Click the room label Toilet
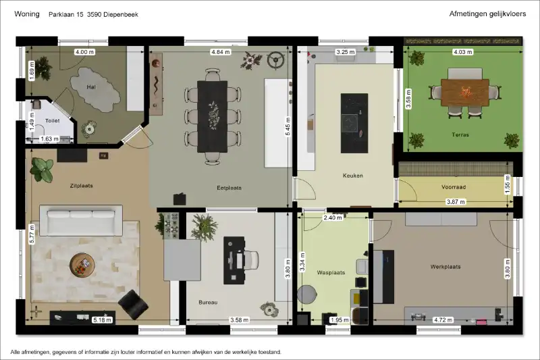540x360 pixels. pos(53,121)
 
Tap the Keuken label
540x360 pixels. pos(352,176)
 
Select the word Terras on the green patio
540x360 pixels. pos(460,134)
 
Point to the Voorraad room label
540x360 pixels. pos(454,187)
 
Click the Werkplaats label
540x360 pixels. pos(446,267)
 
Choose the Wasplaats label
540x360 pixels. pos(331,272)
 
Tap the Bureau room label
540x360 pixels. pos(208,303)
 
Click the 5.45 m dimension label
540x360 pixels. pos(288,127)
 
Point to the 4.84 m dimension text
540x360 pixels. pos(221,52)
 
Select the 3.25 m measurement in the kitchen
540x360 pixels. pos(346,52)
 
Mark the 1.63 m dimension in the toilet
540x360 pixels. pos(50,139)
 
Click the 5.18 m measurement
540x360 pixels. pos(103,320)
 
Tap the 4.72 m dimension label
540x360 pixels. pos(443,320)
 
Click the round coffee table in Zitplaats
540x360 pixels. pos(82,265)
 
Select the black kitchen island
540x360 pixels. pos(354,124)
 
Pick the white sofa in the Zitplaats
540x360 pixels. pos(81,220)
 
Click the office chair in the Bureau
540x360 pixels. pos(250,260)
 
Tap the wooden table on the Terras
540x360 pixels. pos(465,93)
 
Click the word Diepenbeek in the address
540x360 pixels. pos(120,14)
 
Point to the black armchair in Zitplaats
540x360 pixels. pos(133,304)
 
